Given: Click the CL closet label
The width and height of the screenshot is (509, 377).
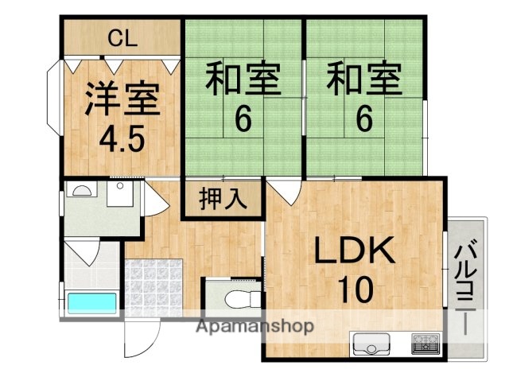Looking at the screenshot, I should pyautogui.click(x=122, y=37).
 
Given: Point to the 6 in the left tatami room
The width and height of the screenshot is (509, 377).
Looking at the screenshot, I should pyautogui.click(x=243, y=120).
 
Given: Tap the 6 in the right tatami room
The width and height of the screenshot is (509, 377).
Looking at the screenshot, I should pyautogui.click(x=363, y=120).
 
